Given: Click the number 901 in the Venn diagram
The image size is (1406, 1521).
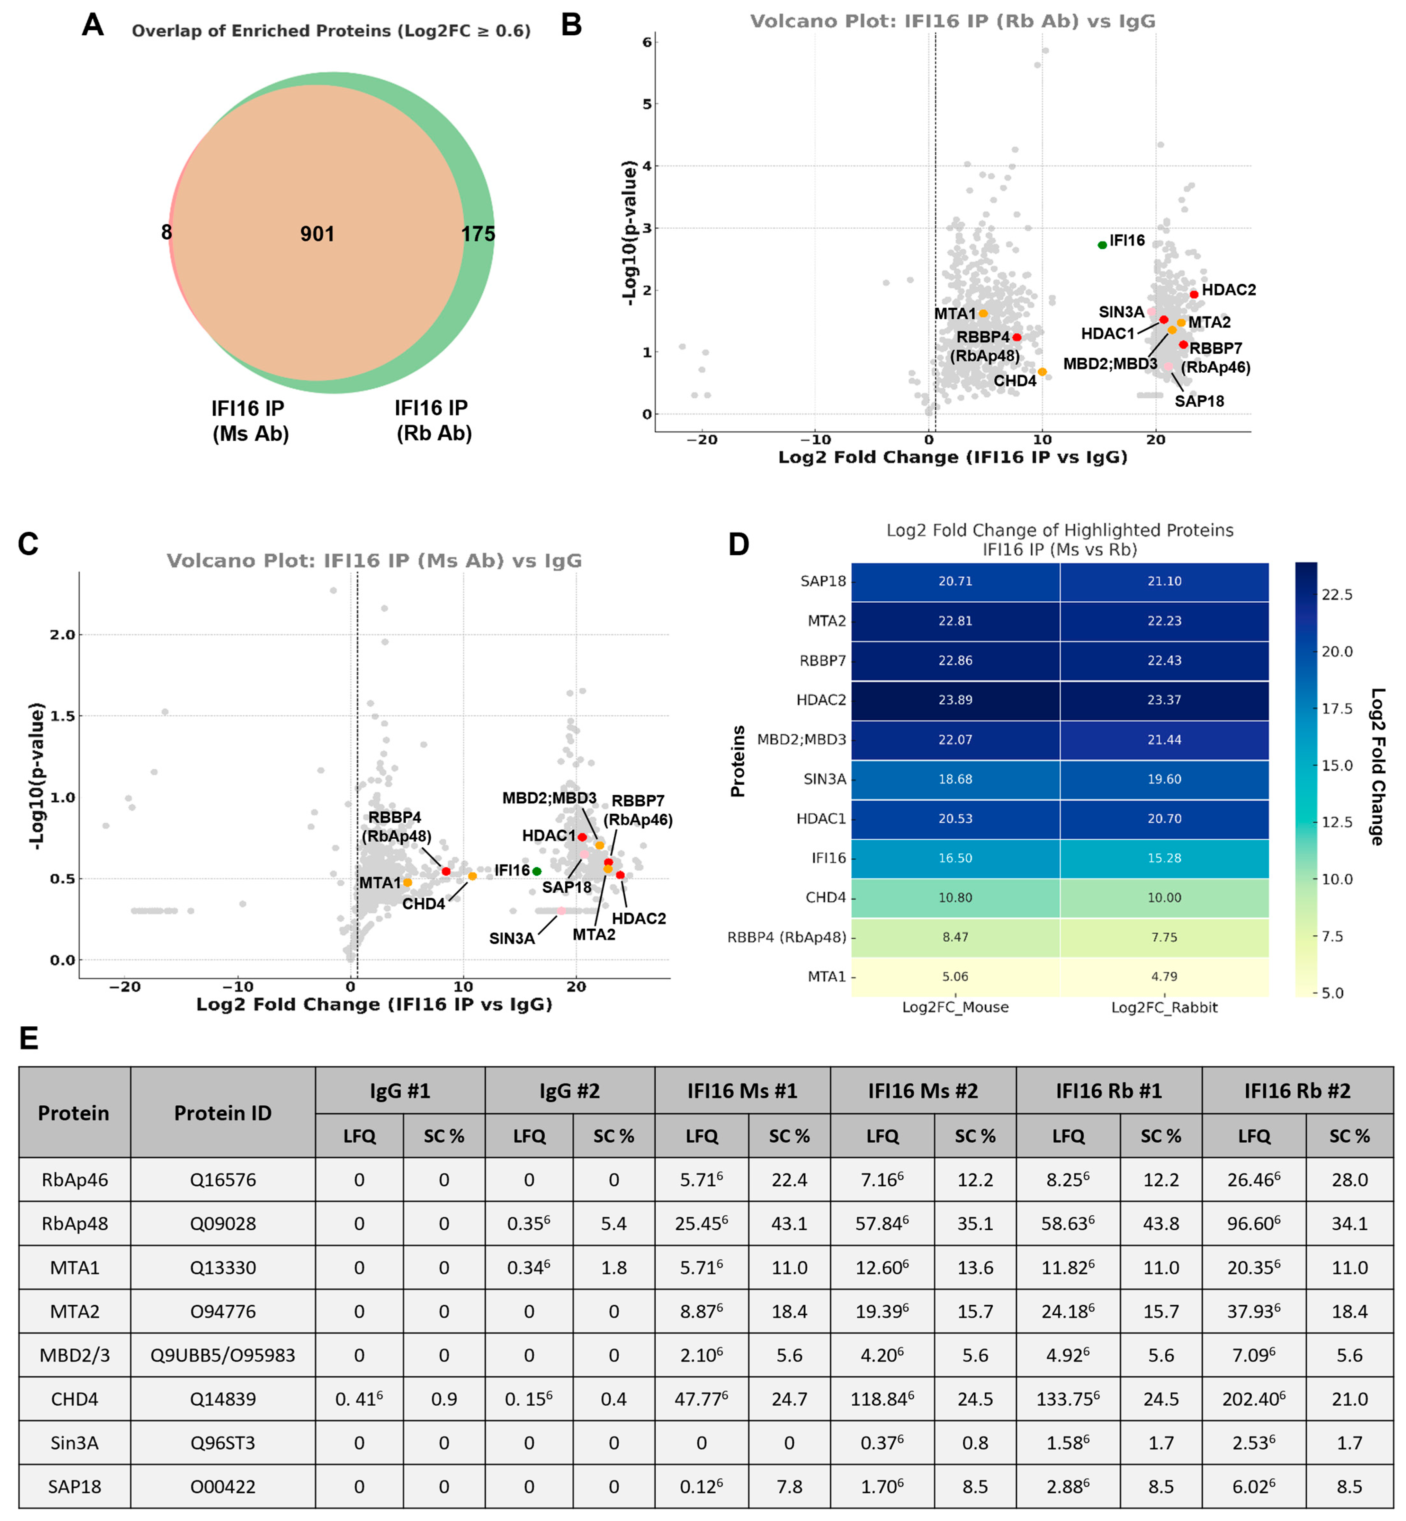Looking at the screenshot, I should pyautogui.click(x=317, y=234).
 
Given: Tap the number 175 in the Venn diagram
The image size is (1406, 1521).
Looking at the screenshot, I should pyautogui.click(x=478, y=234).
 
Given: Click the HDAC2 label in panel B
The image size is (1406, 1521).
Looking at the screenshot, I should pyautogui.click(x=1229, y=290).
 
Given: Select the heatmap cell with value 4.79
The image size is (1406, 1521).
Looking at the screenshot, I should pyautogui.click(x=1164, y=977).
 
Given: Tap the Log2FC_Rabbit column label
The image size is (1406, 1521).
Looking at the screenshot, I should pyautogui.click(x=1164, y=1008).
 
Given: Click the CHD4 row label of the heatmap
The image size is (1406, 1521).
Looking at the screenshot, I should pyautogui.click(x=826, y=898).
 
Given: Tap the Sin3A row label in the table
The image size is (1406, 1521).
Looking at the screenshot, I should pyautogui.click(x=75, y=1443).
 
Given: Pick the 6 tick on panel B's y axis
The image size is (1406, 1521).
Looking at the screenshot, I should pyautogui.click(x=647, y=43).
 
